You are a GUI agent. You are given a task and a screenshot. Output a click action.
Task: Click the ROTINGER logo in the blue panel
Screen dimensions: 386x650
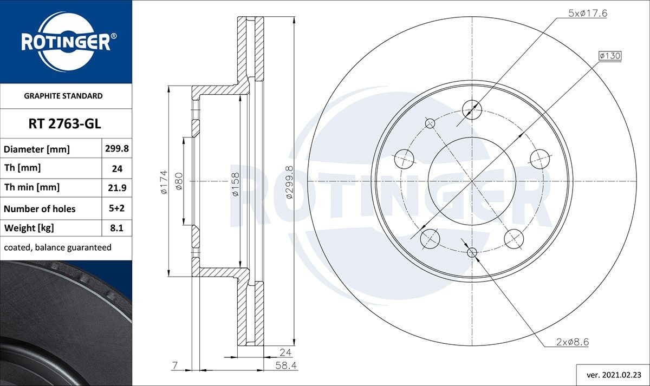click(66, 42)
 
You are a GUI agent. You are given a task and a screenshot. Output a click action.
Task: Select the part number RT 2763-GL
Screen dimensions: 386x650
click(66, 125)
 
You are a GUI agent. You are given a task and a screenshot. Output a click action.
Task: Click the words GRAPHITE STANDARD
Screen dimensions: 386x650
click(63, 96)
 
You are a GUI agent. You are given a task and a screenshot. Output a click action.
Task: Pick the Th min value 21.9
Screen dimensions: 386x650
click(117, 188)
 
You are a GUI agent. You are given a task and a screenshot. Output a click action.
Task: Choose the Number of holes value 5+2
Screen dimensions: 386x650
click(117, 208)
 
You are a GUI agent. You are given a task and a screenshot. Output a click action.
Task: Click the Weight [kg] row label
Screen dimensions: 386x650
click(29, 228)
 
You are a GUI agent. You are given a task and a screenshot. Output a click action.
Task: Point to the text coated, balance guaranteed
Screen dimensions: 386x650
click(57, 247)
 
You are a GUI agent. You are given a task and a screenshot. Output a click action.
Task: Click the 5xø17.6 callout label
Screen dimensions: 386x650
click(587, 14)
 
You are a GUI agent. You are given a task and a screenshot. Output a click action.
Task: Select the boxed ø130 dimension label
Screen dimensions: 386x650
click(609, 56)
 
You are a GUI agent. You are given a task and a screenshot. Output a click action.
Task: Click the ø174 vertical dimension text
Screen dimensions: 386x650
click(162, 182)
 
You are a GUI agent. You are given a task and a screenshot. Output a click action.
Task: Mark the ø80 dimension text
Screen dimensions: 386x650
click(178, 182)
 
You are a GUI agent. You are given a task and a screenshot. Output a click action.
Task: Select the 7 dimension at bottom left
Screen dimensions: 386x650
click(175, 366)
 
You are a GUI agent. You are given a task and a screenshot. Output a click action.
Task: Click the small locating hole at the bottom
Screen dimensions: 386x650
click(472, 252)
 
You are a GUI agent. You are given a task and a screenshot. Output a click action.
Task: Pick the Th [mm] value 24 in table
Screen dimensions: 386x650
click(117, 168)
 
